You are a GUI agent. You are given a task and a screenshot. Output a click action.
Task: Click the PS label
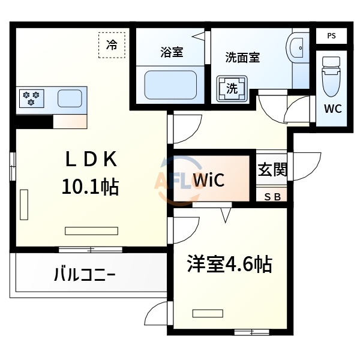coord(332,36)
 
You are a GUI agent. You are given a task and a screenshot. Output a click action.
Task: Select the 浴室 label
coord(172,52)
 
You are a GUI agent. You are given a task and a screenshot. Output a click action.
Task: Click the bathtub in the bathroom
coord(172,86)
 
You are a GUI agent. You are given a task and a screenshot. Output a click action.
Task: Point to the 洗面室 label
coord(242,58)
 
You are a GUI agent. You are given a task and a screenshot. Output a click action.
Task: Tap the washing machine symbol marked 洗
coord(232,88)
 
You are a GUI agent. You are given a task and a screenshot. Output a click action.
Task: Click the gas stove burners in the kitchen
coord(31,98)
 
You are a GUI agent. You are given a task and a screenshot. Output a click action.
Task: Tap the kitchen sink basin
coord(71,98)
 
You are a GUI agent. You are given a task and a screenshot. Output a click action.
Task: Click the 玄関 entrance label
coord(272,170)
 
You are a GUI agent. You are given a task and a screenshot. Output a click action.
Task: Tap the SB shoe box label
coord(272,196)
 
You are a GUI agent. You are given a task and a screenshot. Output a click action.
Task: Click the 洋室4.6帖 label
coord(229,263)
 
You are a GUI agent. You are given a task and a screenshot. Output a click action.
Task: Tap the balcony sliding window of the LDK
coord(90,249)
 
